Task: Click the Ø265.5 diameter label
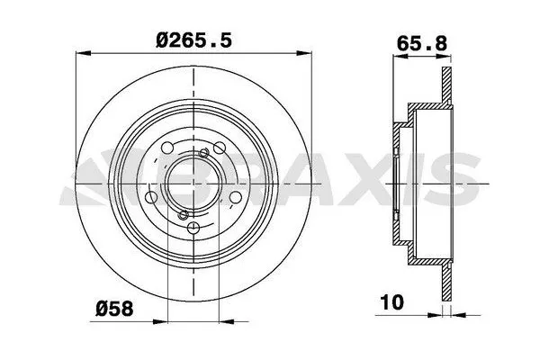tap(193, 40)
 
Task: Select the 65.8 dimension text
tap(422, 43)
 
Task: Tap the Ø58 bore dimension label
tap(114, 309)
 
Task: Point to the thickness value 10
tap(391, 302)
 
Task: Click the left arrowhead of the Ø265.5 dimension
tap(83, 53)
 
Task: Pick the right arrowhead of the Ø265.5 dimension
tap(304, 53)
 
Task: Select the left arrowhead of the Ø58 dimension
tap(160, 322)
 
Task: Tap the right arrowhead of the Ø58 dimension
tap(227, 322)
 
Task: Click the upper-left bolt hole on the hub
tap(167, 148)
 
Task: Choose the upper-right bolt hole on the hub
tap(220, 148)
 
